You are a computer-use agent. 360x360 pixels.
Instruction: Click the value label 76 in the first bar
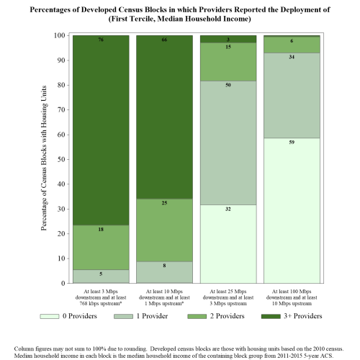click(x=101, y=40)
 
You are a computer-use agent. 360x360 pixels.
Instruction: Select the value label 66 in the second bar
click(x=164, y=40)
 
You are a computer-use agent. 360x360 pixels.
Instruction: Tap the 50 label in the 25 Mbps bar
click(x=228, y=85)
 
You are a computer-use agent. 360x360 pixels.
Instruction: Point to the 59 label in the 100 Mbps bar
click(x=292, y=143)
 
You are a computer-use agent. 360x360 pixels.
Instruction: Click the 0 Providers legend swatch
click(x=50, y=316)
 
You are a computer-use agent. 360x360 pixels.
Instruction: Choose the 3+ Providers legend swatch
click(x=271, y=316)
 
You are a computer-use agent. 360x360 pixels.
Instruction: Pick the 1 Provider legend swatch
click(x=123, y=316)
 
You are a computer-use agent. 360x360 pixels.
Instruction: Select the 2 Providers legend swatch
click(x=197, y=316)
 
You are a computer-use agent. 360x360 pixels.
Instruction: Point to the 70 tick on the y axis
click(x=61, y=110)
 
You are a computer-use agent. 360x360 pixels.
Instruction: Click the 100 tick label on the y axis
click(x=59, y=35)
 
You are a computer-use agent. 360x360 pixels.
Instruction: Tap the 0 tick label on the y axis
click(x=63, y=284)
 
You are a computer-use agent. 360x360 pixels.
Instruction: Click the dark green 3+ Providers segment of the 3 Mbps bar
click(x=101, y=130)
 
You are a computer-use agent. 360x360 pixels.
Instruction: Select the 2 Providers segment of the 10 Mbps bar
click(x=164, y=230)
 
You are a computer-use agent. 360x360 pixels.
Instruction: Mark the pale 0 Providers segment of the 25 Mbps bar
click(x=228, y=244)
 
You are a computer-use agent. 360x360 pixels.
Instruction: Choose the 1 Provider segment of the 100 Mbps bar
click(x=292, y=96)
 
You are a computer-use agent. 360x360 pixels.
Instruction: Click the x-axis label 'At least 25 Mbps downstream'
click(x=228, y=294)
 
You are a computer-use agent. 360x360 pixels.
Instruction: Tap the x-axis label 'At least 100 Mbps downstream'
click(x=292, y=294)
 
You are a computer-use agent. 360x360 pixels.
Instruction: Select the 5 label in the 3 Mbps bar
click(x=101, y=274)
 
